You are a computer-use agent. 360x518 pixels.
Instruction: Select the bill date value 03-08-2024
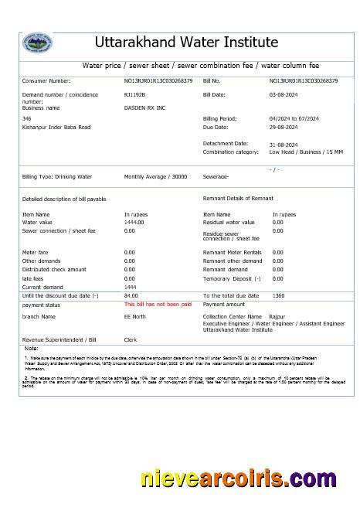[284, 94]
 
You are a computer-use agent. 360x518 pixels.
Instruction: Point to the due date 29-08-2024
[284, 127]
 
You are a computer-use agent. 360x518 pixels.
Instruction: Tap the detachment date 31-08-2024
[284, 145]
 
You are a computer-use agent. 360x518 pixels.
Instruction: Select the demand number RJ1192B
[134, 94]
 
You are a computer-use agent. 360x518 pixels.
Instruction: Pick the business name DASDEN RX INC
[145, 108]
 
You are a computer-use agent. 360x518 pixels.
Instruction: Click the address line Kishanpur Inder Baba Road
[56, 127]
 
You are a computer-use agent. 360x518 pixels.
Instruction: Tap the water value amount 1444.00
[134, 222]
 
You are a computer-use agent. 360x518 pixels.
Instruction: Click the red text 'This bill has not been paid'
[158, 305]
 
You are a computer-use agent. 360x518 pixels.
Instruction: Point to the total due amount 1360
[279, 296]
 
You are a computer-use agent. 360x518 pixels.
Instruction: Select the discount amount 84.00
[131, 296]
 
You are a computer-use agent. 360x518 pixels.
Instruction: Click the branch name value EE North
[134, 316]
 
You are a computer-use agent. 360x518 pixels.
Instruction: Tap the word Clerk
[131, 339]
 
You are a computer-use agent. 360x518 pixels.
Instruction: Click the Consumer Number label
[46, 80]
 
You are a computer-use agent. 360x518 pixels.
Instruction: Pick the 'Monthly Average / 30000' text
[155, 177]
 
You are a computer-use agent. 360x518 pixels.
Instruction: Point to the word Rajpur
[277, 316]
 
